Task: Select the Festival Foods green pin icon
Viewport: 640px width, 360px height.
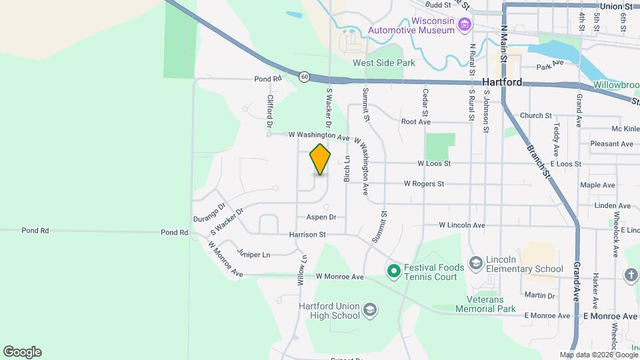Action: (393, 271)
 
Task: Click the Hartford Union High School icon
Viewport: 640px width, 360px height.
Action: (370, 310)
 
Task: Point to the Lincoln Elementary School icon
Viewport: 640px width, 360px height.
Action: (475, 263)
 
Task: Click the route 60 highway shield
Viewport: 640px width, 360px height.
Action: (304, 77)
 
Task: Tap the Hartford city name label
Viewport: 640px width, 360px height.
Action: (501, 83)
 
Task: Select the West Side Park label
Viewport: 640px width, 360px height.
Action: (384, 63)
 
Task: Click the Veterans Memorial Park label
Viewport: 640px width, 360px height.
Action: (486, 304)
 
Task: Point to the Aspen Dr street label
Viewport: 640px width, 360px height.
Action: (321, 217)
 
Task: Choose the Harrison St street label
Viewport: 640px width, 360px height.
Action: (307, 235)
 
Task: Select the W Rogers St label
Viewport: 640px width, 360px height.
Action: (423, 184)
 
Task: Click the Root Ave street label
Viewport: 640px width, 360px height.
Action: (415, 122)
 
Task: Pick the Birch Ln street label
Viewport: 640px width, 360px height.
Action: (347, 170)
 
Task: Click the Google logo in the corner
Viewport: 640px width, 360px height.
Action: (22, 352)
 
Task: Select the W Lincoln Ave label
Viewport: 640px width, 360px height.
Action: (461, 225)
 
